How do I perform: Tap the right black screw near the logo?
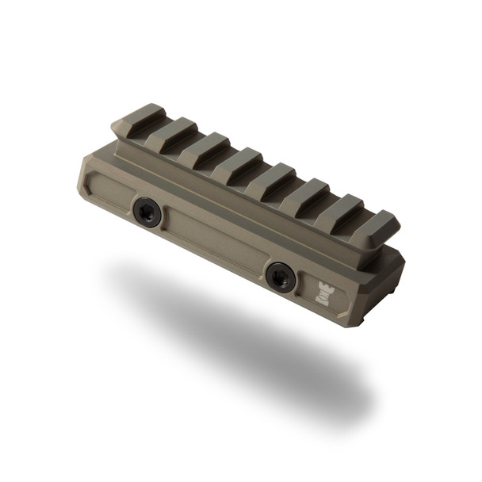click(x=278, y=275)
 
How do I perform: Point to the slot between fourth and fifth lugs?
click(x=257, y=178)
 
